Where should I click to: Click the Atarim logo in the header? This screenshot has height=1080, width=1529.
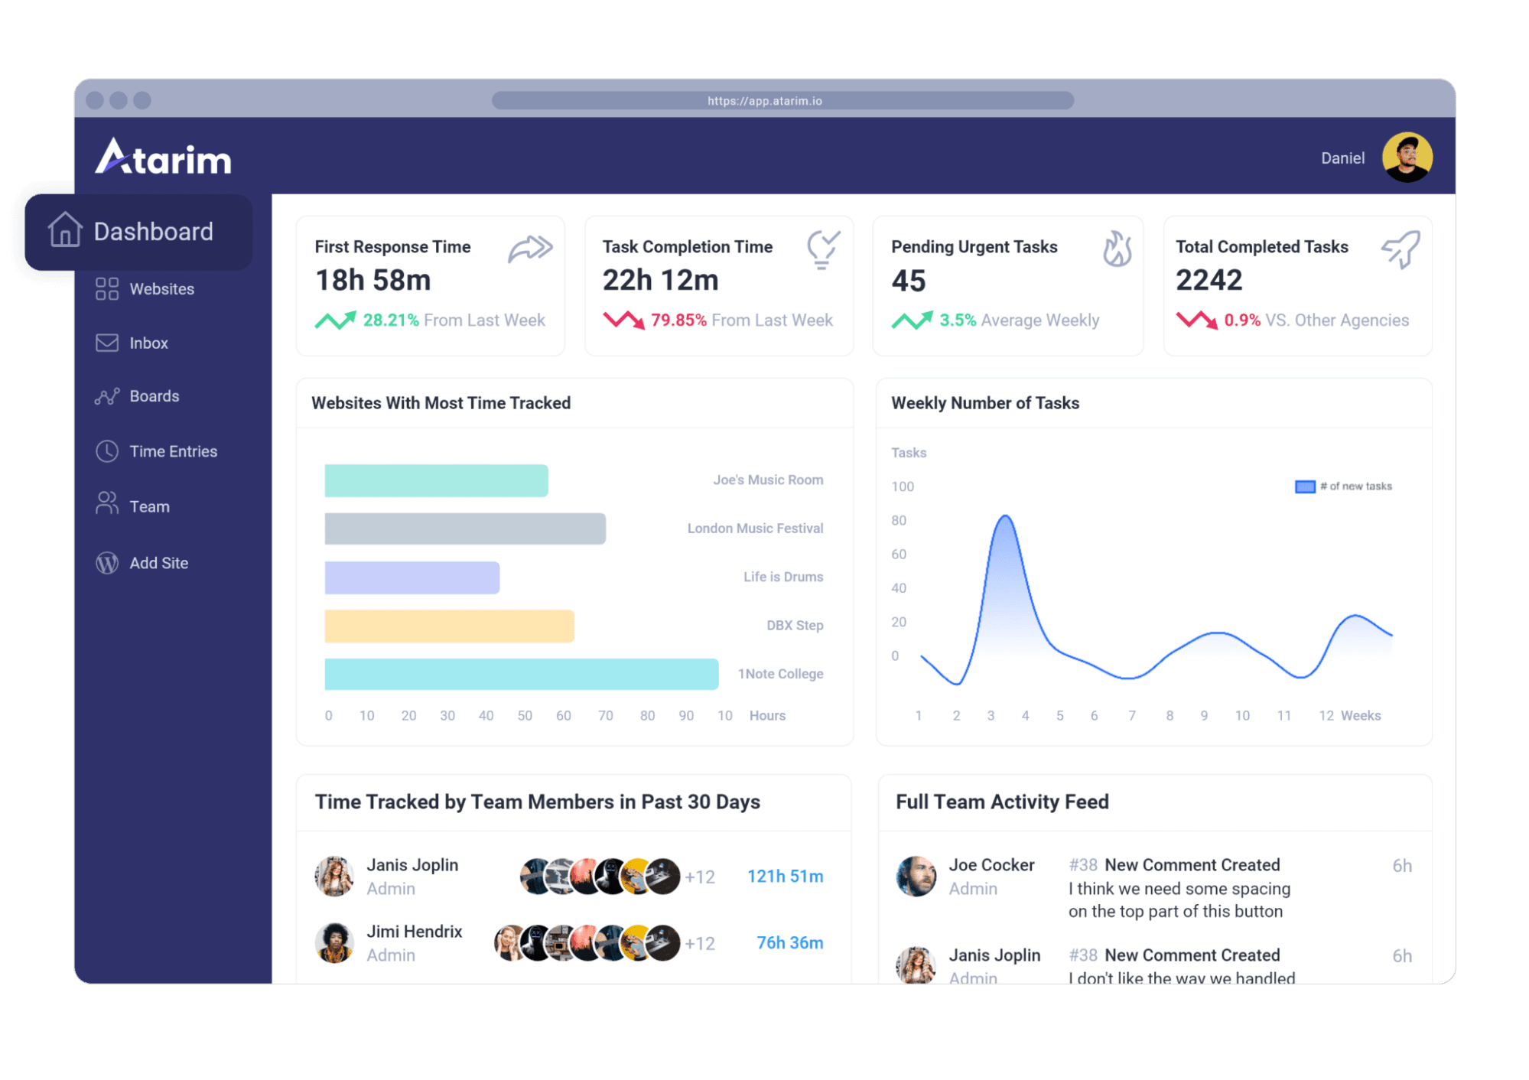coord(163,157)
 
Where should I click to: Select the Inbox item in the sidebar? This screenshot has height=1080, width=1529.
coord(148,343)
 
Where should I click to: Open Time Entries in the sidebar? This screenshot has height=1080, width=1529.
coord(173,451)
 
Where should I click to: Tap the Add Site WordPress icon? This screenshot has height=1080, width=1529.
coord(107,563)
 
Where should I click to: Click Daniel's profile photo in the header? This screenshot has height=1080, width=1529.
coord(1407,158)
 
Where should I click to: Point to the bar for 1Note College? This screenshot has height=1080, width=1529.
coord(521,674)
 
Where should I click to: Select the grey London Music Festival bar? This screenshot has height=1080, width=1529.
coord(465,529)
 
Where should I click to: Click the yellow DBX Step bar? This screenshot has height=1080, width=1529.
coord(449,626)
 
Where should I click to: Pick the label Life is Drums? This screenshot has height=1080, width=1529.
coord(782,577)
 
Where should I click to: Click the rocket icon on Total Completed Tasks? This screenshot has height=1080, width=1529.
coord(1401,249)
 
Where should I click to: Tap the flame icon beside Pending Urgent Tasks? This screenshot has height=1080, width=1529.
coord(1117,249)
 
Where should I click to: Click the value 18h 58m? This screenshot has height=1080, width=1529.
coord(373,281)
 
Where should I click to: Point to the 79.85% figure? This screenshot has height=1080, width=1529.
coord(678,320)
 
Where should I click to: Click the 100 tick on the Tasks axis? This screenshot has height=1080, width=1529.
coord(903,486)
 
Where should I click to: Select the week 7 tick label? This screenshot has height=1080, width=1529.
coord(1132,716)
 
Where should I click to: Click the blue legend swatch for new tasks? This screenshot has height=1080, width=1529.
coord(1305,486)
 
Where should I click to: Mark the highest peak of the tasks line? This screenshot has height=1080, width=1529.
coord(1006,517)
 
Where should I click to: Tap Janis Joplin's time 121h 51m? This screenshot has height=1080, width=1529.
coord(785,877)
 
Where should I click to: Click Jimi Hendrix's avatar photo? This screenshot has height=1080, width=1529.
coord(334,942)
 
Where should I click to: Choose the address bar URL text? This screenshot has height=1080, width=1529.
coord(765,101)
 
